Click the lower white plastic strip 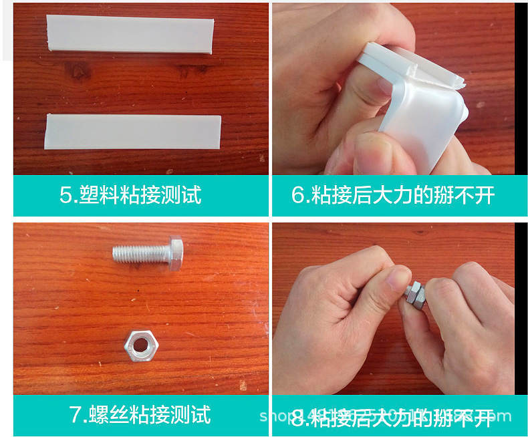tap(132, 130)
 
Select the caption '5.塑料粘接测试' tap(130, 195)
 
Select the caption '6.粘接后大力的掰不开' tap(393, 195)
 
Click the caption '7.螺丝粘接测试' tap(140, 414)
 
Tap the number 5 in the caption tap(65, 195)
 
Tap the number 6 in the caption tap(298, 195)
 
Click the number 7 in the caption tap(76, 414)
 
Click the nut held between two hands tap(414, 294)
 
